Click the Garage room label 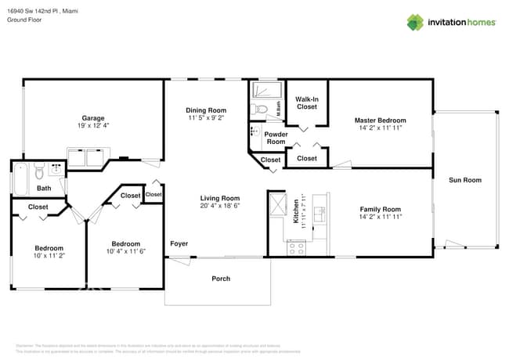point(93,118)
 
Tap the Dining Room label point(206,110)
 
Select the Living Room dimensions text point(219,206)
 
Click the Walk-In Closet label point(306,103)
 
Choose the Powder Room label point(276,138)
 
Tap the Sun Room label point(464,180)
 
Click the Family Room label point(380,209)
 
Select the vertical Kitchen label point(296,210)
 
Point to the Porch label point(221,279)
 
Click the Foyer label point(179,244)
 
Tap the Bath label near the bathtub point(44,188)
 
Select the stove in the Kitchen point(296,248)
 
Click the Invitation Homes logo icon point(415,22)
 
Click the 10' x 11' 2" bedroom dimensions point(49,255)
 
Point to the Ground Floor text point(24,20)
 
